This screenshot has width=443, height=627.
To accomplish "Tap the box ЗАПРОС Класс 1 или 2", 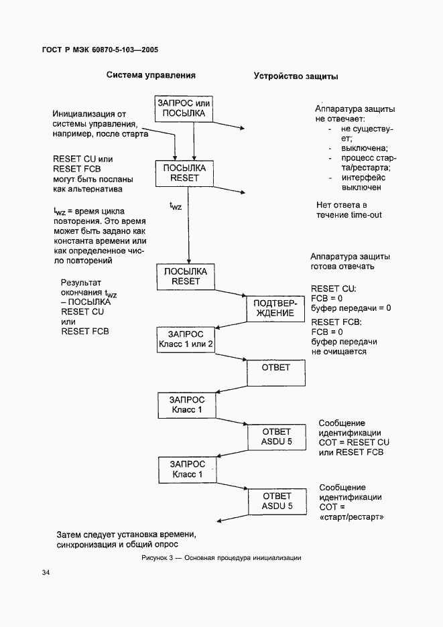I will click(x=185, y=340).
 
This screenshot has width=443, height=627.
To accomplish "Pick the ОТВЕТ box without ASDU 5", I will click(x=275, y=372).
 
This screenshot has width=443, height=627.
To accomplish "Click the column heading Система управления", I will click(x=151, y=75).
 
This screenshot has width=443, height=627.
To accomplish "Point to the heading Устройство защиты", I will click(x=295, y=76).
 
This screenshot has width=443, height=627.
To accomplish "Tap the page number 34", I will click(x=46, y=573).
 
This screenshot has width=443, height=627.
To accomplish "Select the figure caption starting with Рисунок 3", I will click(x=221, y=558).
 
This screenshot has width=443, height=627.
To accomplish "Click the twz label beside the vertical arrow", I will click(x=175, y=205).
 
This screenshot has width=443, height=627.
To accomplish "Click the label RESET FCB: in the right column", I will click(x=336, y=322).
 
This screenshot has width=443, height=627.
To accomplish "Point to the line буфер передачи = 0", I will click(x=351, y=308).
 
